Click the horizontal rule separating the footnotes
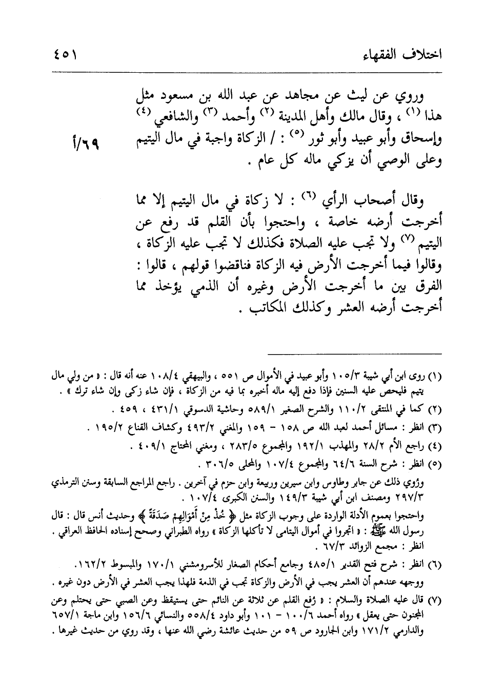(353, 353)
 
